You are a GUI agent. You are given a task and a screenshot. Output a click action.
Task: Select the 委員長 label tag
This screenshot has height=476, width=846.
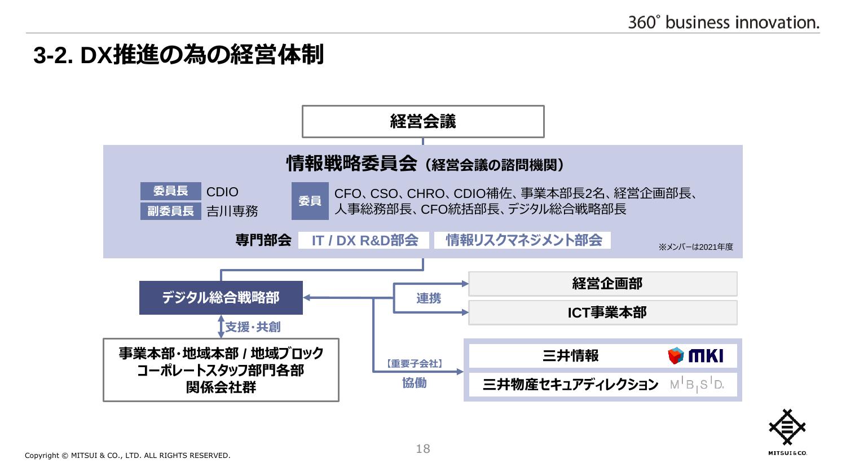(171, 191)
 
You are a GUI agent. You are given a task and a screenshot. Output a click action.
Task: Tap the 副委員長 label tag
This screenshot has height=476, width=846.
(171, 211)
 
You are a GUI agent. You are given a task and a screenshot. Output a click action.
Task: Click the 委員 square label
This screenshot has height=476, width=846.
(310, 201)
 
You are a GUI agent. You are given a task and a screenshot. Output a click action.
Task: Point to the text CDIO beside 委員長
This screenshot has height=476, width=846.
(222, 192)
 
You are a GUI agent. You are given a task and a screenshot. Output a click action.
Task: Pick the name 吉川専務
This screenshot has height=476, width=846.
(232, 211)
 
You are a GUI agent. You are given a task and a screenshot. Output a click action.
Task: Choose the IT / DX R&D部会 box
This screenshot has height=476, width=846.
(364, 240)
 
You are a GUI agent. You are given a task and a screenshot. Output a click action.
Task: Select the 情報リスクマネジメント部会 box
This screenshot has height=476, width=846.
(522, 240)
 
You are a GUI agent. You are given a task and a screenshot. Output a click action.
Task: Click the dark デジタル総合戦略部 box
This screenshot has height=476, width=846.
(221, 298)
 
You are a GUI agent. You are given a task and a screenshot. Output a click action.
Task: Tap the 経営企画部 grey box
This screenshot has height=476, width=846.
(603, 284)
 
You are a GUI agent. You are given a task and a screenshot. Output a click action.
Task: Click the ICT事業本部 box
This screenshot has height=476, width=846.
(603, 313)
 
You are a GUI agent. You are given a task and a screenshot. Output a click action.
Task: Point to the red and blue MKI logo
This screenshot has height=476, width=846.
(695, 355)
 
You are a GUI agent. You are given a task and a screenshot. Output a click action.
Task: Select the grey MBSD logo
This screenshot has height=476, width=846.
(697, 385)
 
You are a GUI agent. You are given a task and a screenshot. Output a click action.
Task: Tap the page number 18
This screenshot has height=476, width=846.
(423, 449)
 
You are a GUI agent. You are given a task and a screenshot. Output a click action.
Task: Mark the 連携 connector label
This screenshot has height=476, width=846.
(429, 298)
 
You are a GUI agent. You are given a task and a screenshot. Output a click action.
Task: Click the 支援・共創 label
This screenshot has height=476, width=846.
(253, 327)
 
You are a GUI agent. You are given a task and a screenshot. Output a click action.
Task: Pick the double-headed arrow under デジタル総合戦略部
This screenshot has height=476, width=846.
(221, 327)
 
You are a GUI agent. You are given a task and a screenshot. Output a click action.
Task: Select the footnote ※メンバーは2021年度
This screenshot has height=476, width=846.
(695, 247)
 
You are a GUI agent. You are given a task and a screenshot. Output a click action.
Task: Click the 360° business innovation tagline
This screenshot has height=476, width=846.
(724, 23)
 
